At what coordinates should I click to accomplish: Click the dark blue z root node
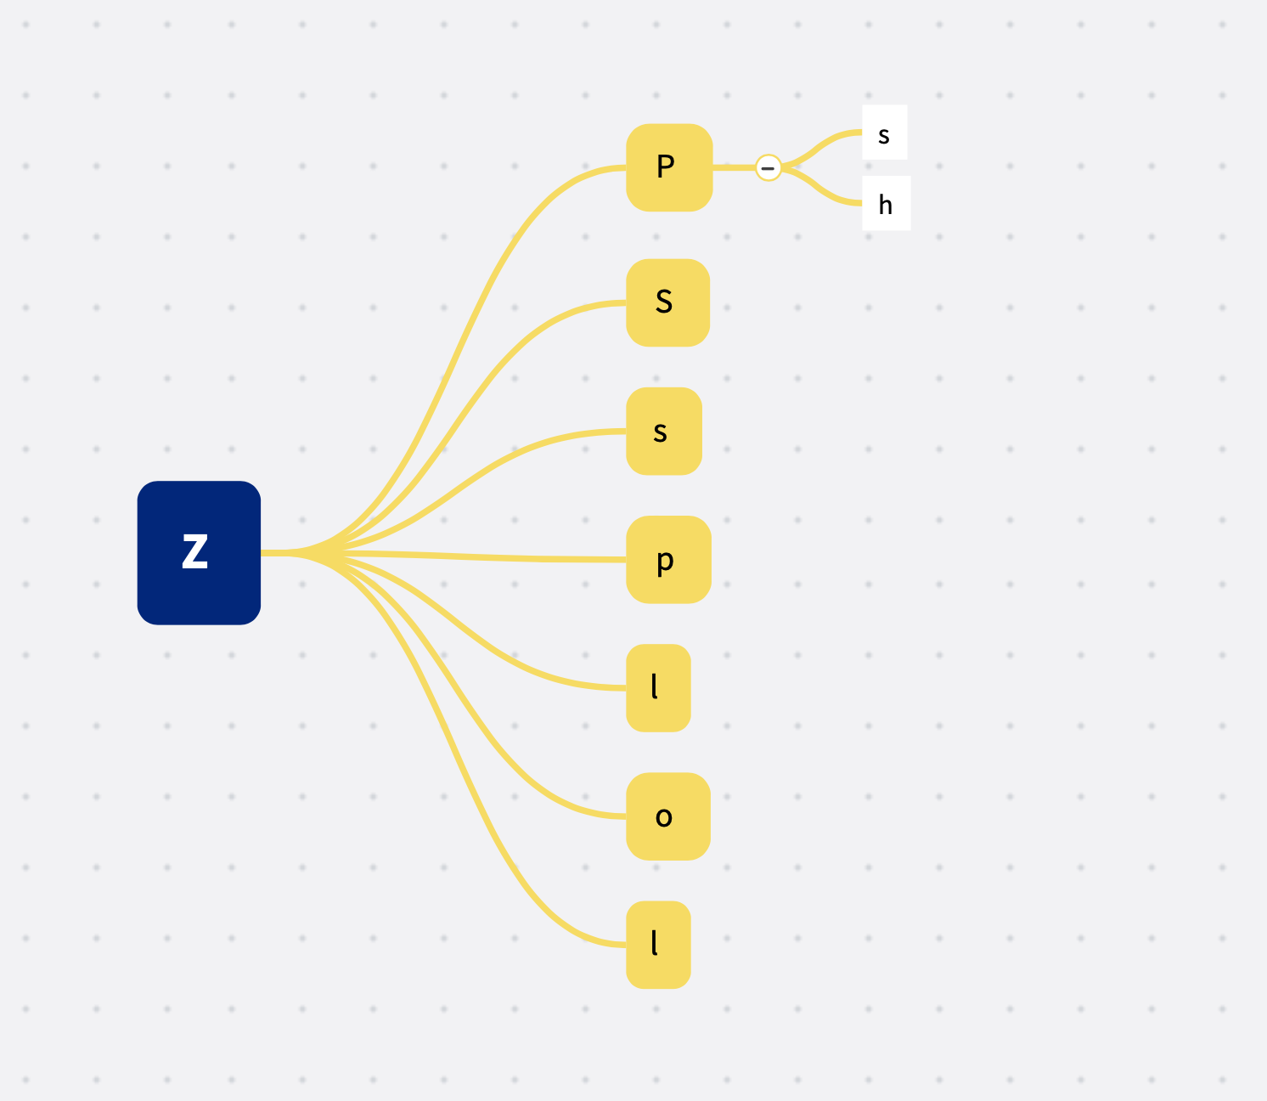coord(199,553)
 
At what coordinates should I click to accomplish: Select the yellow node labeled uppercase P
coord(669,167)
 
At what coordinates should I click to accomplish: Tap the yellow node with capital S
coord(667,302)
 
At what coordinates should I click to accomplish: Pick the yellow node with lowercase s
coord(664,432)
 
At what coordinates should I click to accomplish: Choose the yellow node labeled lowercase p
coord(669,560)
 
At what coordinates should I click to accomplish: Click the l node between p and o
coord(658,688)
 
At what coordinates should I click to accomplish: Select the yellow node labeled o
coord(668,816)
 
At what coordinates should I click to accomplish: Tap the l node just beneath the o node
coord(658,945)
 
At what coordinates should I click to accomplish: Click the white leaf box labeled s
coord(885,132)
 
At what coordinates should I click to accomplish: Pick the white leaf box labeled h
coord(887,203)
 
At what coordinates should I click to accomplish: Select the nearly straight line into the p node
coord(443,556)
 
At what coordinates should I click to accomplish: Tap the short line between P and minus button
coord(735,167)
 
